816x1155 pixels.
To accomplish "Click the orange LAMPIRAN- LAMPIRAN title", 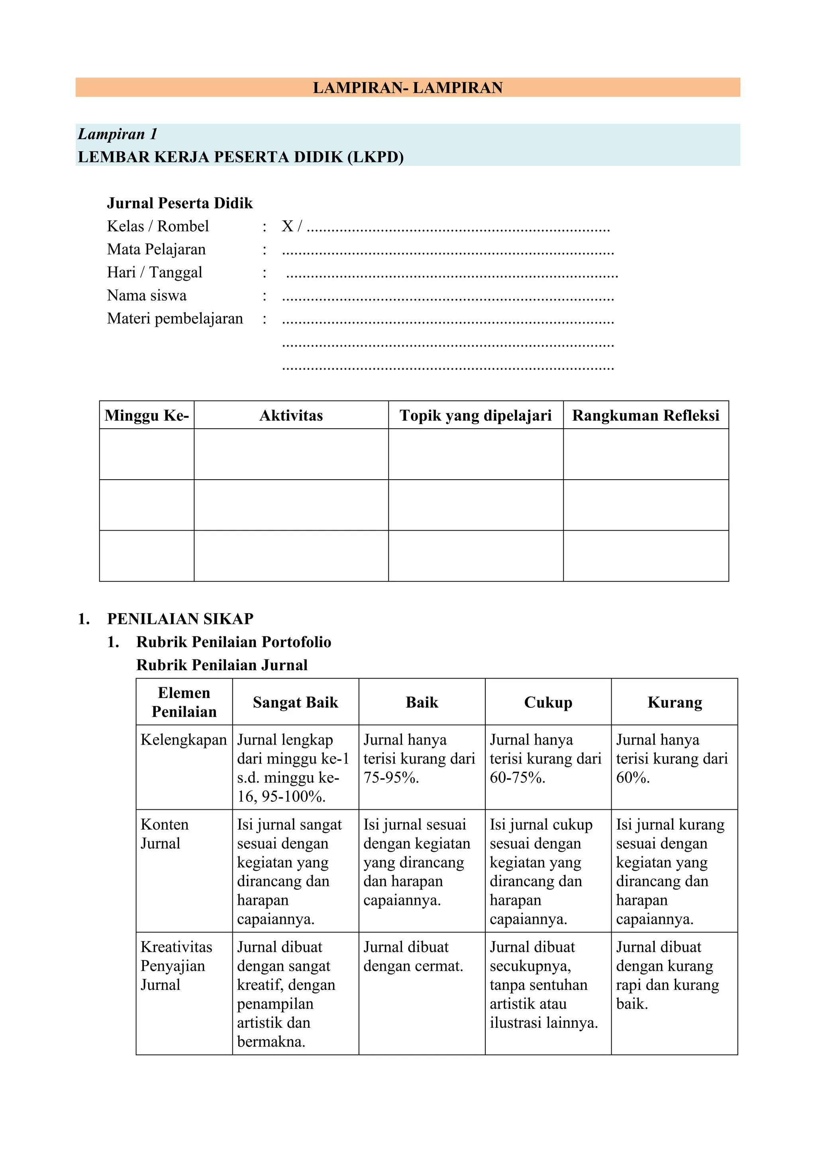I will tap(407, 88).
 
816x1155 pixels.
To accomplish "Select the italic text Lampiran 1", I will tap(117, 134).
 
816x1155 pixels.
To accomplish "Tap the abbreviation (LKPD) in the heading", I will tap(375, 157).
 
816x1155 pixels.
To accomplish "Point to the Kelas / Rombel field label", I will tap(157, 226).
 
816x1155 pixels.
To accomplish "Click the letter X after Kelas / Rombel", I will tap(287, 226).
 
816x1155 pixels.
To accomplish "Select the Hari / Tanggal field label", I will tap(154, 272).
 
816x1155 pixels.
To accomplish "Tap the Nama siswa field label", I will tap(146, 295).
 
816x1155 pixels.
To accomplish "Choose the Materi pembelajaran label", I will tap(175, 319).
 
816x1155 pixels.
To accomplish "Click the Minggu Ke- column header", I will tap(146, 415).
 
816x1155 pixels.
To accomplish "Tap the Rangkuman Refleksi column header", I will tap(645, 415).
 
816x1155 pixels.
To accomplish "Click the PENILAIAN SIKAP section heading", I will tap(180, 618).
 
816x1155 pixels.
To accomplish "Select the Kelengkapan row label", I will tap(184, 740).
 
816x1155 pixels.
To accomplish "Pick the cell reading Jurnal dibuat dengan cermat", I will tap(413, 956).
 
